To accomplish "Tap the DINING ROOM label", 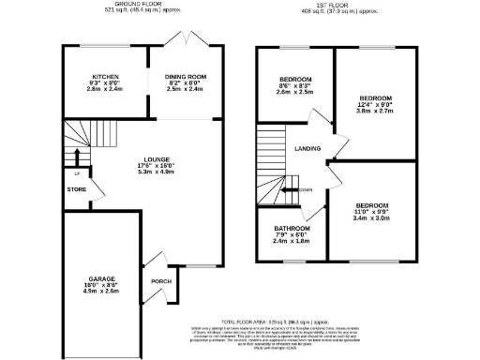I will (185, 77).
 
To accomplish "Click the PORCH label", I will (158, 279).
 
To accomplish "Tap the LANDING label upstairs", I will (307, 149).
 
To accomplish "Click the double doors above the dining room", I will (184, 41).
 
